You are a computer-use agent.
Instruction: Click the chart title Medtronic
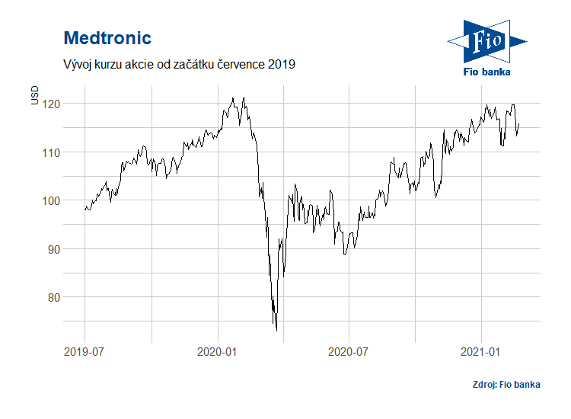coord(107,38)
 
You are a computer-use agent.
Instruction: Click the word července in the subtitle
coord(237,65)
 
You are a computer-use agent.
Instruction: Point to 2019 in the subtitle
coord(280,65)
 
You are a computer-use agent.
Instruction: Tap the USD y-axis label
coord(33,95)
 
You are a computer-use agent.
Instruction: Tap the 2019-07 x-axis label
coord(85,352)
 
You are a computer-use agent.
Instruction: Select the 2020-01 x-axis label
coord(219,352)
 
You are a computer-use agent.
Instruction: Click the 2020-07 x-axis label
coord(349,352)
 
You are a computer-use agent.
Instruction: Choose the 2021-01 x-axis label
coord(482,352)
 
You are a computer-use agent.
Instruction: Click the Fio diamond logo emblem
coord(486,41)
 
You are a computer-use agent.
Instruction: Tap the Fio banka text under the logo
coord(487,72)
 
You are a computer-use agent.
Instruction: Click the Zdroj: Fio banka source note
coord(506,385)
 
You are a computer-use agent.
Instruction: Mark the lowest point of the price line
coord(276,330)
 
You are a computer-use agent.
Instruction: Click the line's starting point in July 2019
coord(85,208)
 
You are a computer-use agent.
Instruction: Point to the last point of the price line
coord(519,123)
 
